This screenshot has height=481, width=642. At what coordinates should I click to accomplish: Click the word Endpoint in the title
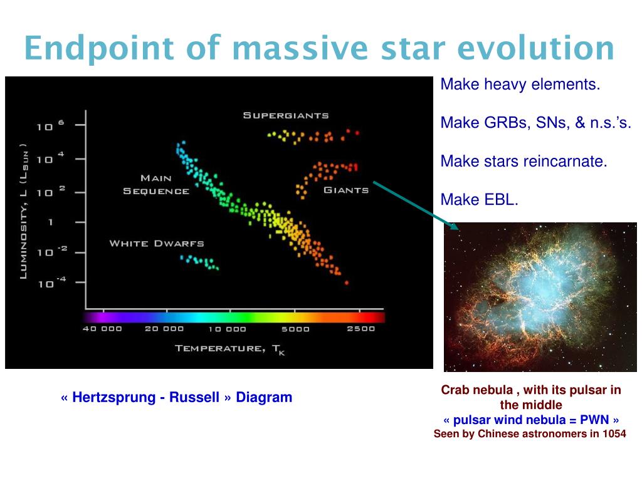[99, 49]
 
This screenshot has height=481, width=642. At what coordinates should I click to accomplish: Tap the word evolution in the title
[535, 48]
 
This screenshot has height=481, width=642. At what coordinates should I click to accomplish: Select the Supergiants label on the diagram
[286, 115]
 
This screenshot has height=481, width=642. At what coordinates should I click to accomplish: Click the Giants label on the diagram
[346, 190]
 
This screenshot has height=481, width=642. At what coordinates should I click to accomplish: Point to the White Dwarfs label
[157, 244]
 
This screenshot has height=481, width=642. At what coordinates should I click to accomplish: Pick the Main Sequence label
[156, 185]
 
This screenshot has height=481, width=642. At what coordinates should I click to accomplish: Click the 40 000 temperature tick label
[102, 328]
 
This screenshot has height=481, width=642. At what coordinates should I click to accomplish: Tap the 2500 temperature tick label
[360, 328]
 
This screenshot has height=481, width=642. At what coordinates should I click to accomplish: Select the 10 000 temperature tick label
[227, 329]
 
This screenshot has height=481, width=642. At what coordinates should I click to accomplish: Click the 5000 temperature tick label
[295, 329]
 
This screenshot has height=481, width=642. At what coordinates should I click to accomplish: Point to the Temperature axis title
[230, 349]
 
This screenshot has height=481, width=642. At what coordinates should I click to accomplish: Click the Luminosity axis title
[24, 212]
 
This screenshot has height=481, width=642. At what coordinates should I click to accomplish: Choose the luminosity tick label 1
[50, 222]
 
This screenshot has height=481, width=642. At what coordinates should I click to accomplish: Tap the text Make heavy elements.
[520, 85]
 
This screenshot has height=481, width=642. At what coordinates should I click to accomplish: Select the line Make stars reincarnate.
[524, 161]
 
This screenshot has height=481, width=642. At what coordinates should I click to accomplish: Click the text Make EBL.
[479, 200]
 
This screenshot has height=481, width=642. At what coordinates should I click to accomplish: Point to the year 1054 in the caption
[614, 433]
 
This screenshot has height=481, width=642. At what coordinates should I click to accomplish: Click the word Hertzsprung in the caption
[114, 397]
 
